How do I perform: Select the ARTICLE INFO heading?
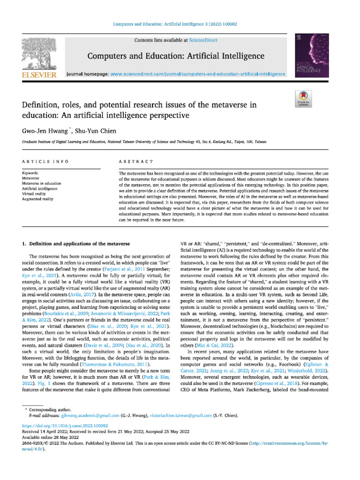[x=45, y=162]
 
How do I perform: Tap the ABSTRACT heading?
[x=136, y=162]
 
